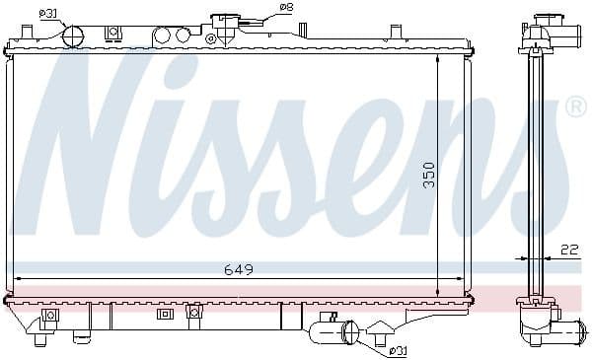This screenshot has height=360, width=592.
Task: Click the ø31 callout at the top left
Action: click(47, 13)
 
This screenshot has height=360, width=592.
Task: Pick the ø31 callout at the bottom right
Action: click(398, 349)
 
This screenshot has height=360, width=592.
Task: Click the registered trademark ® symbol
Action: click(575, 107)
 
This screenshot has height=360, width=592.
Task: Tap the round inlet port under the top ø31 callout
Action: click(74, 35)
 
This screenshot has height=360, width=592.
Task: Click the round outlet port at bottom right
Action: click(347, 332)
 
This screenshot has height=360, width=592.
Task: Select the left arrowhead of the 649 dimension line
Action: click(18, 279)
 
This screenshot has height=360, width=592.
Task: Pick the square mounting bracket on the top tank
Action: click(113, 34)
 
